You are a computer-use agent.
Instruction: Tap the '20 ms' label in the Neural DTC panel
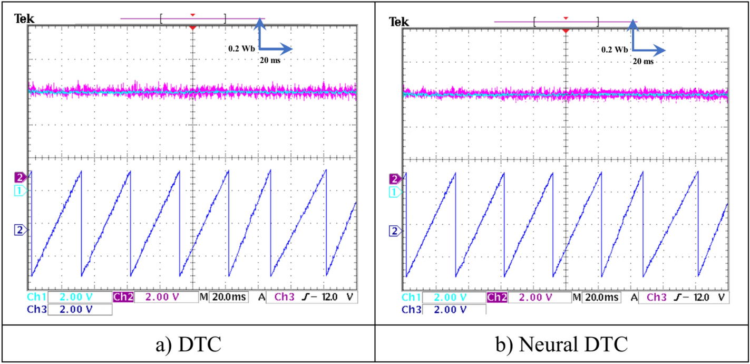(642, 61)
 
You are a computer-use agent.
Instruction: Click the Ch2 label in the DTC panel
(123, 298)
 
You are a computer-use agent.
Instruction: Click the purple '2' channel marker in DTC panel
(20, 178)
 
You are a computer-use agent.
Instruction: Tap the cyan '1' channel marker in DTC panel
(20, 191)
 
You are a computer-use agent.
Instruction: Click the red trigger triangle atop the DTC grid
(193, 27)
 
